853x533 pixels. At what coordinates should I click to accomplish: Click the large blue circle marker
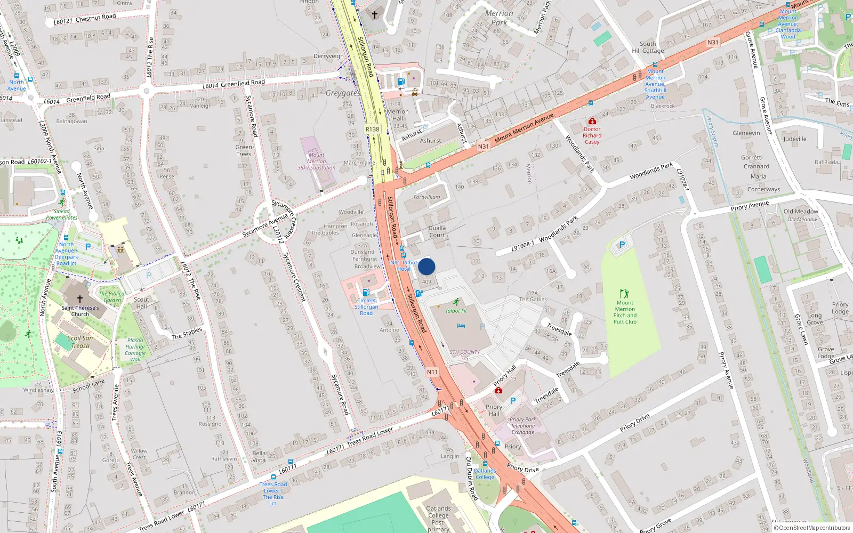pyautogui.click(x=426, y=266)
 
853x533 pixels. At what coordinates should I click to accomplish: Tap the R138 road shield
pyautogui.click(x=372, y=130)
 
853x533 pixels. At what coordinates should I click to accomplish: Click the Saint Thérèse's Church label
pyautogui.click(x=80, y=311)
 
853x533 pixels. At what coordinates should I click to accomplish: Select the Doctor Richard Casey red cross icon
pyautogui.click(x=592, y=122)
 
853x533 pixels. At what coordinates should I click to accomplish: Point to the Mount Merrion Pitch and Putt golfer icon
pyautogui.click(x=625, y=294)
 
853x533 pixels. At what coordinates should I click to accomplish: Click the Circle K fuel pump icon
pyautogui.click(x=366, y=292)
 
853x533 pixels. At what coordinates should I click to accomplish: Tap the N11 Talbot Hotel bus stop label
pyautogui.click(x=404, y=265)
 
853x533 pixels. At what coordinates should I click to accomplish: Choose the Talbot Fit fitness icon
pyautogui.click(x=456, y=302)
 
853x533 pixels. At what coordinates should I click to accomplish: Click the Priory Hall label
pyautogui.click(x=494, y=410)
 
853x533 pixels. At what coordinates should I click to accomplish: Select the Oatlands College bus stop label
pyautogui.click(x=485, y=474)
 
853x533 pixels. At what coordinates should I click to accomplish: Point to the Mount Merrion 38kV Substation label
pyautogui.click(x=316, y=161)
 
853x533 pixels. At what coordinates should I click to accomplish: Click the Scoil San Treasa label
pyautogui.click(x=81, y=342)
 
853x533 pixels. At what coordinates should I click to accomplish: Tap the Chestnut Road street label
pyautogui.click(x=95, y=18)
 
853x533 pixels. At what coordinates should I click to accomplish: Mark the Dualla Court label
pyautogui.click(x=437, y=231)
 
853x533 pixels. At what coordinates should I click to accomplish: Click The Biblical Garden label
pyautogui.click(x=112, y=296)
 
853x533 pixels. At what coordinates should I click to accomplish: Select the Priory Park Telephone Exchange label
pyautogui.click(x=522, y=425)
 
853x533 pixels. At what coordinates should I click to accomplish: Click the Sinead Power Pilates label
pyautogui.click(x=61, y=214)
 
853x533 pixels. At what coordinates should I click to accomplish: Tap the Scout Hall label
pyautogui.click(x=141, y=303)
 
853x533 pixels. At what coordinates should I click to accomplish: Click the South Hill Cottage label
pyautogui.click(x=648, y=47)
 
